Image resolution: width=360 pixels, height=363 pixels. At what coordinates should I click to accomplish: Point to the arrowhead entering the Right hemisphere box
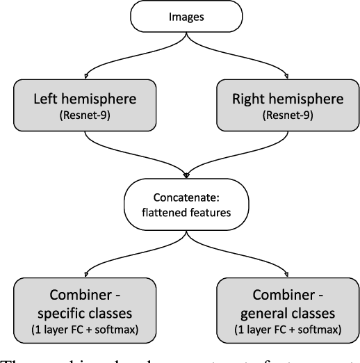tap(285, 76)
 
